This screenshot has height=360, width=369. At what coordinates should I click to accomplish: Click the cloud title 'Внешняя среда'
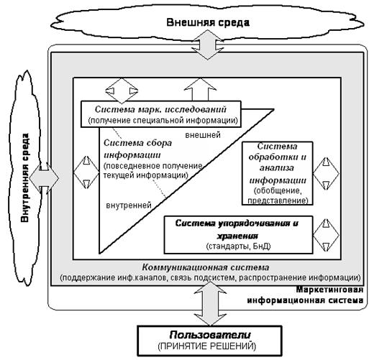coord(208,22)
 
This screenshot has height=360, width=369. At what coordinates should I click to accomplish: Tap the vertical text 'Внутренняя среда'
coord(24,177)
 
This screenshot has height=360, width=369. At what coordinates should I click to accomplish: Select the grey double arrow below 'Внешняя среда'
coord(208,45)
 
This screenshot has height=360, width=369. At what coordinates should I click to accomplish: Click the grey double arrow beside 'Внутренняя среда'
coord(45,178)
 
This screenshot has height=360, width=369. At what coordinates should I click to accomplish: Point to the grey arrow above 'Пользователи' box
coord(210,304)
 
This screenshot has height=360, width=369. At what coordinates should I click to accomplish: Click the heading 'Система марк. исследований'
coord(160,109)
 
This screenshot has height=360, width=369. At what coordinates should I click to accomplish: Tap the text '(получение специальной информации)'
coord(163,120)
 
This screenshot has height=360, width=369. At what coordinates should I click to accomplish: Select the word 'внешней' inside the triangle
coord(203,135)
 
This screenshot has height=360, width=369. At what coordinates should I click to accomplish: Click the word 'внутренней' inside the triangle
coord(129,206)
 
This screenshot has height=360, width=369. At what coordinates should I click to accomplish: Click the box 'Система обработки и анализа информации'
coord(278,173)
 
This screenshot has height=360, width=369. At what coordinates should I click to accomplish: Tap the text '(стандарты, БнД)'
coord(238,246)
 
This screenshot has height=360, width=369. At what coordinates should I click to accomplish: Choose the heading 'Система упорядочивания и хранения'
coord(237,229)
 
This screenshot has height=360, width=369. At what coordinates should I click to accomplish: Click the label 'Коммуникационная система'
coord(206,267)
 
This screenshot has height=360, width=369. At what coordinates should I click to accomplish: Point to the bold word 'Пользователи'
coord(210,335)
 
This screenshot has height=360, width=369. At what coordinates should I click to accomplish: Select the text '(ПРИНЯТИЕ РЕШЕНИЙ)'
coord(207,346)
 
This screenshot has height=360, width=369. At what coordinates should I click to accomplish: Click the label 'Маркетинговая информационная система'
coord(306,295)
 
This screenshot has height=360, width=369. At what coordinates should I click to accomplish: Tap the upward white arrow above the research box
coord(200,90)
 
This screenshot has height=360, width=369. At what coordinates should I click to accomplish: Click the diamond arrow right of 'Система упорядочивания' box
coord(326,235)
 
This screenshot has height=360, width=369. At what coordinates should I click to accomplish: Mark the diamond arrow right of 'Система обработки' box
coord(326,174)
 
